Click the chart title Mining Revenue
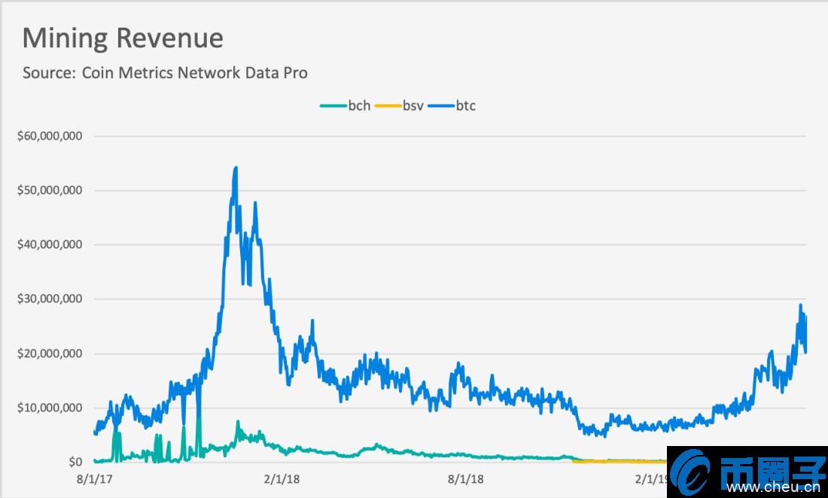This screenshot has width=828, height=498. click(x=123, y=38)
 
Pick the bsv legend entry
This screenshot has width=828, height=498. click(x=412, y=105)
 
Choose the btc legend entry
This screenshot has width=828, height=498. click(x=465, y=105)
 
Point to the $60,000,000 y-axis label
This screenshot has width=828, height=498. click(x=49, y=136)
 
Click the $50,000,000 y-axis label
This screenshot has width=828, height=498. click(x=49, y=191)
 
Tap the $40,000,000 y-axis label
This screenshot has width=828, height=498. click(x=49, y=245)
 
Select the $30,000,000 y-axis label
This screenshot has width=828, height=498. click(x=49, y=299)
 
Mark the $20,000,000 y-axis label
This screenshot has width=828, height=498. click(x=49, y=353)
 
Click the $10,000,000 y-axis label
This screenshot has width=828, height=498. click(x=49, y=408)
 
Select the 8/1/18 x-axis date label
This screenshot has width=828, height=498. click(x=466, y=479)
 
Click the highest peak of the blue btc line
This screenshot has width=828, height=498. click(x=236, y=168)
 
